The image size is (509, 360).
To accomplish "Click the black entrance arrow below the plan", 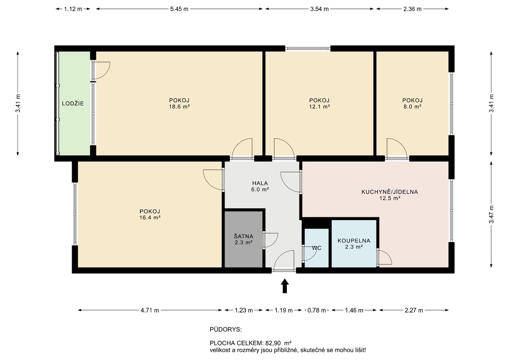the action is point(285,286).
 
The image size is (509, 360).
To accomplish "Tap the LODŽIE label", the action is point(73,104).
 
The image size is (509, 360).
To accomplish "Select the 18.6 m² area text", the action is point(179,107).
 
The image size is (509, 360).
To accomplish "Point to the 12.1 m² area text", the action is point(319,107).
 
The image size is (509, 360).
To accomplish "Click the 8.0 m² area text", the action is point(412,107).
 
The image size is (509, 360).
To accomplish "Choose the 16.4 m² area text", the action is point(150,218).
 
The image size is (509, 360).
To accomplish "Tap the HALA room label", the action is point(260,183).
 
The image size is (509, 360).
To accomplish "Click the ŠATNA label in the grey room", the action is point(244,236).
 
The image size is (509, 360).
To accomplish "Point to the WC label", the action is point(317,248).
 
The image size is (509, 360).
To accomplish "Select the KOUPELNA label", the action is point(354,240).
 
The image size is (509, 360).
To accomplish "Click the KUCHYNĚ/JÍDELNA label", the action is point(390,192).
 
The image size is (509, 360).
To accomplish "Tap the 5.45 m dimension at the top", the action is point(179,9).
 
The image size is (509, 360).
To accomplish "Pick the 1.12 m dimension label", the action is point(73,9).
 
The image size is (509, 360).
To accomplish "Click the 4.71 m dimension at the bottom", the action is point(150,310).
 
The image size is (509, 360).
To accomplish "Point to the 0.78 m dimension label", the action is point(317,310).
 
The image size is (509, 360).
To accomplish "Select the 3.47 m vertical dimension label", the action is point(492,214).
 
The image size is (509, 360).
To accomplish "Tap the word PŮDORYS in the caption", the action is point(226,329).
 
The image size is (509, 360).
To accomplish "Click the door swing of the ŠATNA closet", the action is point(271,240).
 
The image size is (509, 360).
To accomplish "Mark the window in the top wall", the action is point(308,48).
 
